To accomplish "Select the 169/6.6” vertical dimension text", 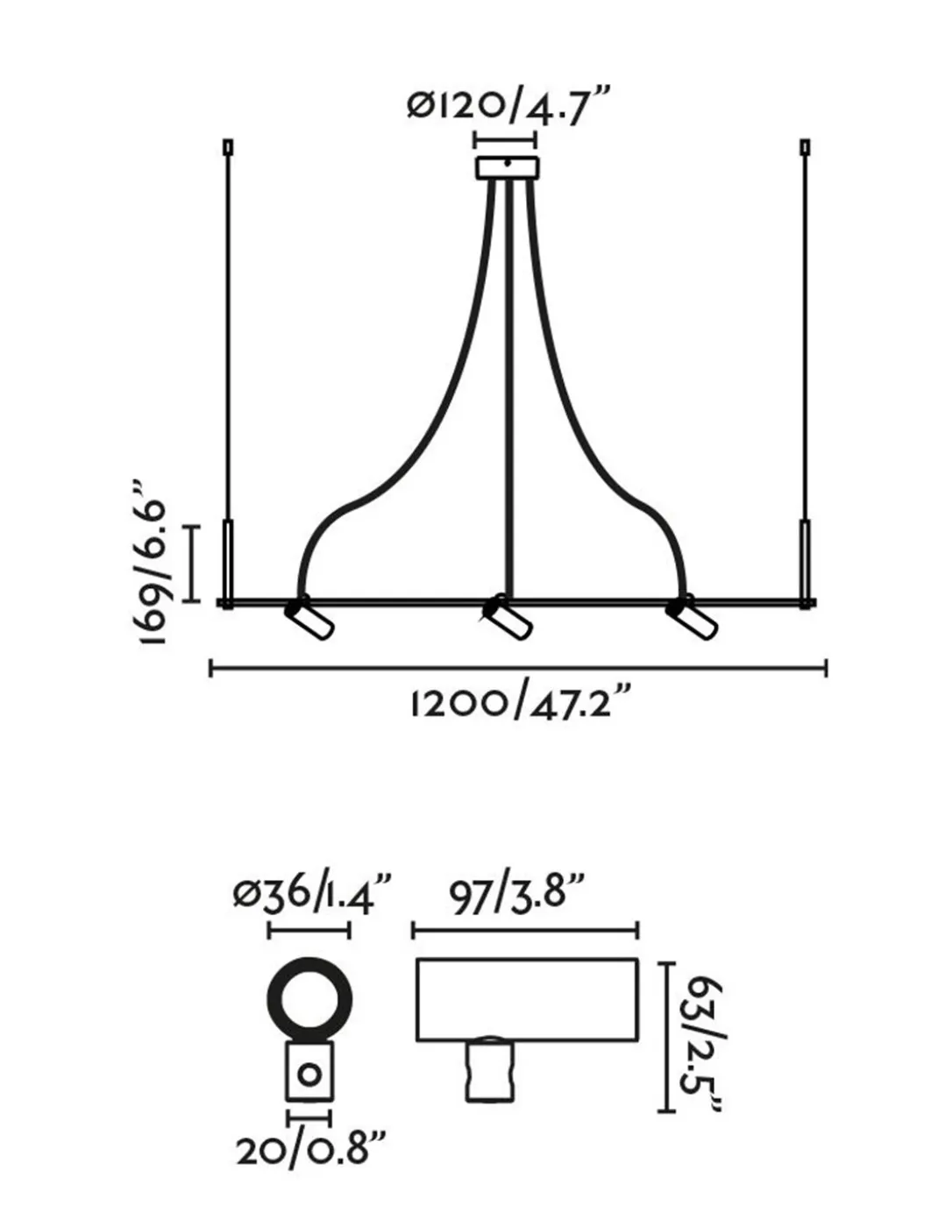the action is [153, 562].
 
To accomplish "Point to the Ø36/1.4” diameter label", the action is [314, 897].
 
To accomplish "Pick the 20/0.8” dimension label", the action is [310, 1163].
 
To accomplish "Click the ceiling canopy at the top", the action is [507, 168].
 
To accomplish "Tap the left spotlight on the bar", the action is [309, 619].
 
